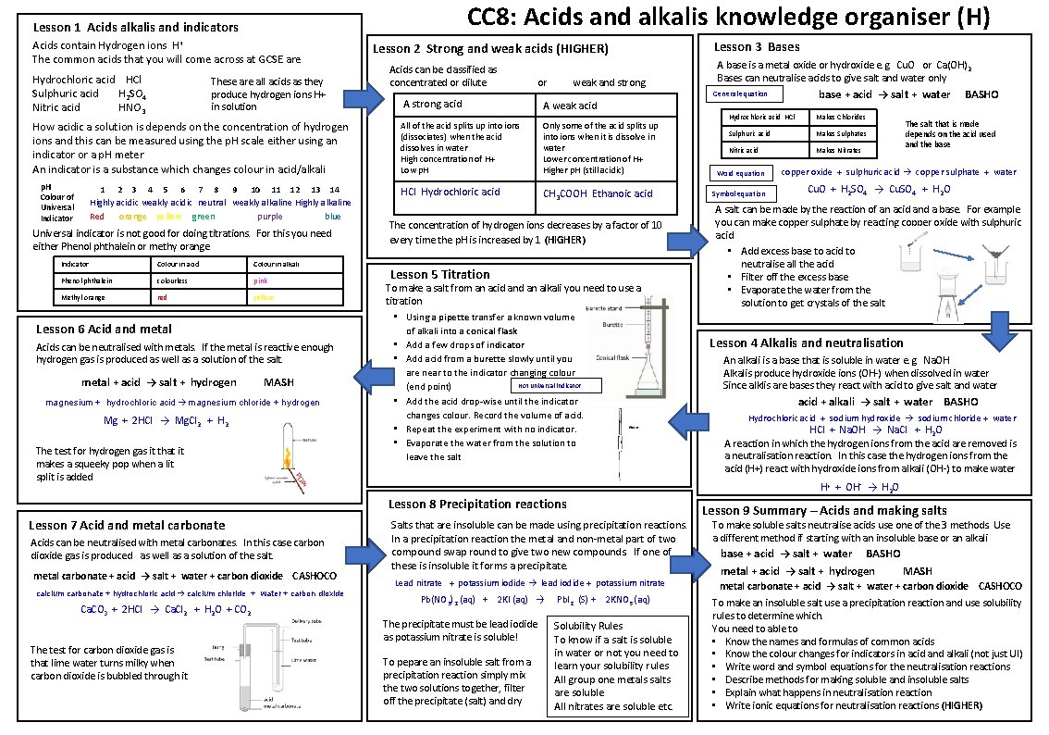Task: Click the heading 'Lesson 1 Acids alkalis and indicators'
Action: click(x=135, y=28)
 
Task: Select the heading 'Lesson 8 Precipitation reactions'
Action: click(x=477, y=505)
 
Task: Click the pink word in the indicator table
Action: click(x=261, y=280)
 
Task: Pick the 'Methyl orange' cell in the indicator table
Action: click(x=83, y=297)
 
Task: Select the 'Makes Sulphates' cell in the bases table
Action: click(x=840, y=133)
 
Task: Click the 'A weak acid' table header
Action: click(x=570, y=106)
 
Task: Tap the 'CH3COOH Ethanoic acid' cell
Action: click(x=598, y=193)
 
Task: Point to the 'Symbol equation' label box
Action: click(x=737, y=193)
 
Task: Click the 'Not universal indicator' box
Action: click(x=556, y=385)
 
